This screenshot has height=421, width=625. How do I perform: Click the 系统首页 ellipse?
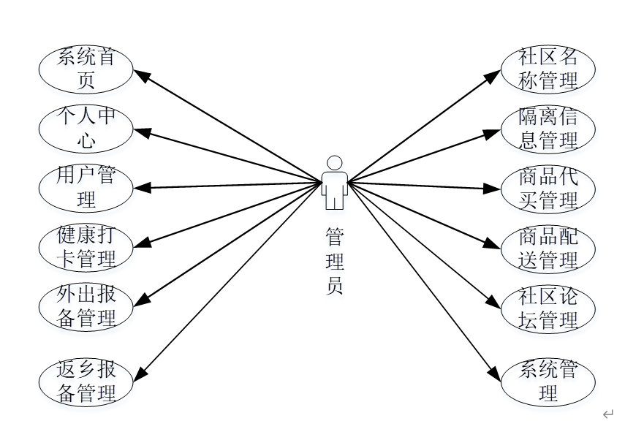86,69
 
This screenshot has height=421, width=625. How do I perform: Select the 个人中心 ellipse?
86,129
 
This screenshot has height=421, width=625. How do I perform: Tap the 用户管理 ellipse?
86,188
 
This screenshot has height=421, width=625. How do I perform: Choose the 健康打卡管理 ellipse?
86,248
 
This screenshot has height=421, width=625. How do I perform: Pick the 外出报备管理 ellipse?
86,308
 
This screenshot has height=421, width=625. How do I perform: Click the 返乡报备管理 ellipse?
86,382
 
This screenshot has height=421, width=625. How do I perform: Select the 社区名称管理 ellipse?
548,69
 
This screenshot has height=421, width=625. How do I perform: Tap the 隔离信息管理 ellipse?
548,129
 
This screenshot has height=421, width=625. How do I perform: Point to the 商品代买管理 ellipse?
548,188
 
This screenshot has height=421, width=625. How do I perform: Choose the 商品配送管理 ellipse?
548,248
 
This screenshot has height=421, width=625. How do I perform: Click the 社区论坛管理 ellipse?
548,308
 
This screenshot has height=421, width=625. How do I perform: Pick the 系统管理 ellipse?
548,382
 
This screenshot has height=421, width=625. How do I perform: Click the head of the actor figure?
335,162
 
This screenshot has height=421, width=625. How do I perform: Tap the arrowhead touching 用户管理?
141,188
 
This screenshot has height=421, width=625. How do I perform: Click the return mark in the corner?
607,414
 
